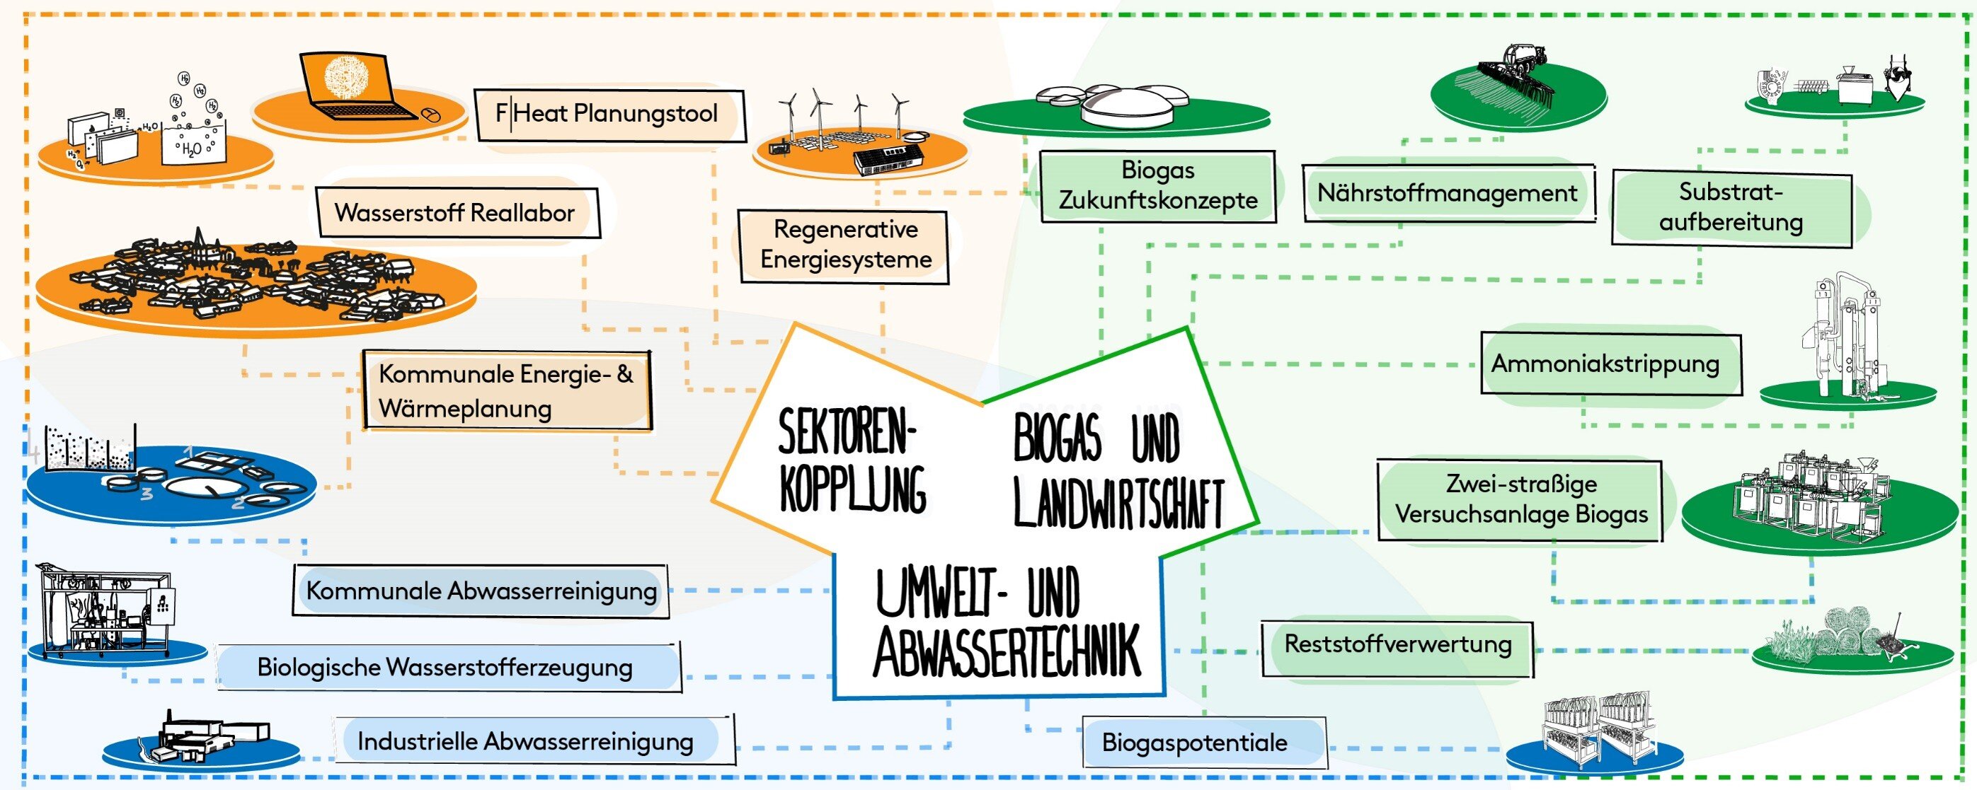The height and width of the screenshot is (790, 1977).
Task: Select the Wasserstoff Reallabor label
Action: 457,212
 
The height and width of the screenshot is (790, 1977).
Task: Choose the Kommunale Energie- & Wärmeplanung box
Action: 507,391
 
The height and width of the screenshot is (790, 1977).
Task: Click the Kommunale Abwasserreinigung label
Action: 481,591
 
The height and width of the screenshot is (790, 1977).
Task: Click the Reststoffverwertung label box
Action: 1397,644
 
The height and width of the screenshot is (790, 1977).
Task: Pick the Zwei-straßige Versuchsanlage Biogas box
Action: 1520,500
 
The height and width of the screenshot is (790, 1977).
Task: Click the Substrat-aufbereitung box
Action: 1731,207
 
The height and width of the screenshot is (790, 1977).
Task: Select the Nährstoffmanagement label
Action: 1448,193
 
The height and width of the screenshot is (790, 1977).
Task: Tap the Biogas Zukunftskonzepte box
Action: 1158,185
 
